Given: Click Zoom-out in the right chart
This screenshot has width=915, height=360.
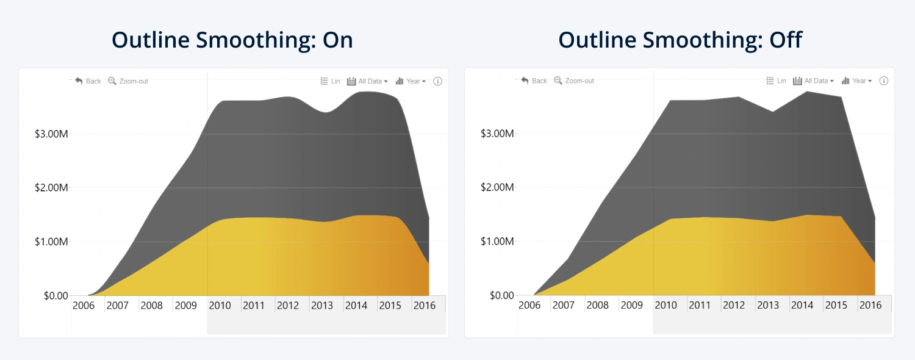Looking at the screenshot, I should click(574, 81).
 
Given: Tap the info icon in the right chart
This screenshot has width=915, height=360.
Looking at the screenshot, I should click(883, 81).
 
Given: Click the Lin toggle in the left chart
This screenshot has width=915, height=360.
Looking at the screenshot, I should click(331, 81).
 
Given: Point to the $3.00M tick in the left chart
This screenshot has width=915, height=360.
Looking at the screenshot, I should click(52, 134).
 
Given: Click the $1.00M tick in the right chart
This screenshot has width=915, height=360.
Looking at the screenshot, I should click(498, 242).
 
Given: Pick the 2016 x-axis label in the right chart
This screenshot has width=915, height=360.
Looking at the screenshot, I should click(870, 305).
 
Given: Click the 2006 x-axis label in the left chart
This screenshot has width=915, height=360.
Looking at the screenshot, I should click(84, 305).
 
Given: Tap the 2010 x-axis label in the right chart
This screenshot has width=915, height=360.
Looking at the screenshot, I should click(666, 305).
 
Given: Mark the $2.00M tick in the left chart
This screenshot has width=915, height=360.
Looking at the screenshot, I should click(52, 187).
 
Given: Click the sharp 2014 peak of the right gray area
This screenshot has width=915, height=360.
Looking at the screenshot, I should click(807, 92).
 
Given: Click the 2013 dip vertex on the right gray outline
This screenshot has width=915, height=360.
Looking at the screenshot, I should click(773, 112).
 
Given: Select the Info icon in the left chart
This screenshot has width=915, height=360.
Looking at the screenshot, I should click(437, 81).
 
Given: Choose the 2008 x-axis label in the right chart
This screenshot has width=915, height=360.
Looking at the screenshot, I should click(597, 305).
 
